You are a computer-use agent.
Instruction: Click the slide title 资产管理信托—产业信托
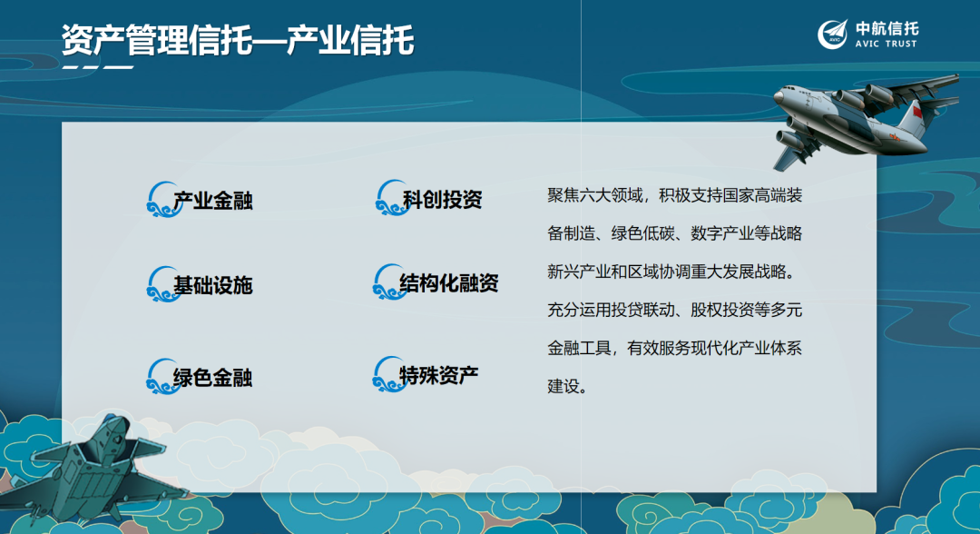tap(238, 40)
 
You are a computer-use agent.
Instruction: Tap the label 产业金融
tap(213, 201)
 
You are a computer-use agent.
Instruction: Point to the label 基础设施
tap(213, 285)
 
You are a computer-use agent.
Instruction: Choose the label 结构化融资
tap(449, 283)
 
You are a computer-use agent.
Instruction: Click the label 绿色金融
tap(213, 376)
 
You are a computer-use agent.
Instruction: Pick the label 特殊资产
tap(439, 373)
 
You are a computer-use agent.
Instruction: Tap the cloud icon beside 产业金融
tap(160, 199)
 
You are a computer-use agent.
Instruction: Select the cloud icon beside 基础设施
tap(160, 284)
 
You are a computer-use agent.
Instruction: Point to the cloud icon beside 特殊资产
tap(387, 373)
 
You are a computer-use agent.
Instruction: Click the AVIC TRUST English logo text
tap(886, 44)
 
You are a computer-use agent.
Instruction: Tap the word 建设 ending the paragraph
tap(563, 385)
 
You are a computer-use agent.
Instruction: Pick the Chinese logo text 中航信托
tap(887, 27)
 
